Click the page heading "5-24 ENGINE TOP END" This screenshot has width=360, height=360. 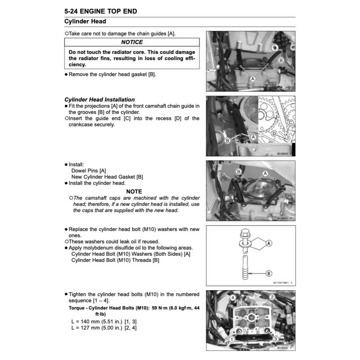pos(101,11)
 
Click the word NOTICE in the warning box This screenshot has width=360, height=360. pos(132,42)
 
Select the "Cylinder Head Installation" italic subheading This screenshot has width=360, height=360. pos(99,99)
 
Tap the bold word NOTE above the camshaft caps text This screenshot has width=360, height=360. pos(134,191)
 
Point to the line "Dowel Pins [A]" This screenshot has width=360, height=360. pos(89,170)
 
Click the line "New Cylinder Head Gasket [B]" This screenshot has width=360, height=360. pos(107,177)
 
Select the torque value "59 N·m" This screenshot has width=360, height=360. pos(159,308)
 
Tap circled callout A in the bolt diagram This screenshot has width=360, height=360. pos(269,243)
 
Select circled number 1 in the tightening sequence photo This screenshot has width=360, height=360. pos(231,339)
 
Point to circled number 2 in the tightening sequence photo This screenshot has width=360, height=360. pos(271,297)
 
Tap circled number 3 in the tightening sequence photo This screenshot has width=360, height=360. pos(276,339)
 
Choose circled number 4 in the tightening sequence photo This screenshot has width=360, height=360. pos(233,297)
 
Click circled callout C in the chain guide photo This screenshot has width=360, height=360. pos(291,123)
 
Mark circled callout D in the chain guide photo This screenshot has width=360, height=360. pos(274,134)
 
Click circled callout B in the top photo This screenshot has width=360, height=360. pos(280,61)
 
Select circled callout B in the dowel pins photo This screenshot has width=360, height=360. pos(239,171)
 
